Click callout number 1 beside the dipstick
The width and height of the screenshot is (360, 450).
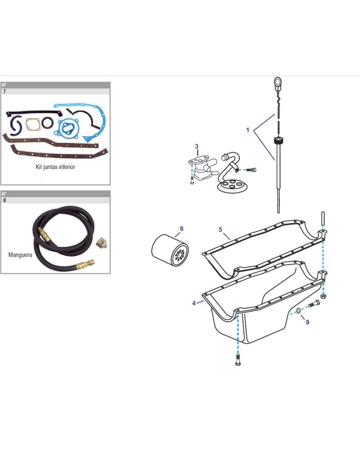tap(247, 130)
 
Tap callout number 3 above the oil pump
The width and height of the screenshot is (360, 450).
tap(196, 147)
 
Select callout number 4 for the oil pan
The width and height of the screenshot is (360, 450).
tap(194, 303)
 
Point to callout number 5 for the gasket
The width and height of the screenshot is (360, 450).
tap(221, 230)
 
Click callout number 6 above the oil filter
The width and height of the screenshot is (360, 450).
tap(181, 229)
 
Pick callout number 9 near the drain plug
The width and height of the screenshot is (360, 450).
tap(308, 322)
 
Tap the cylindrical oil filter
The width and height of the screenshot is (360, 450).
tap(170, 250)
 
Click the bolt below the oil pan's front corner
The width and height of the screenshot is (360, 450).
tap(238, 360)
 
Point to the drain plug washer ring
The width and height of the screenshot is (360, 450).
tap(299, 310)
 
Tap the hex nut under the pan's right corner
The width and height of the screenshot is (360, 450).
tap(323, 296)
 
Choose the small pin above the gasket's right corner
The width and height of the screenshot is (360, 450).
tap(323, 219)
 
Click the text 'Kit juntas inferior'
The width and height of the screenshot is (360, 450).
tap(55, 167)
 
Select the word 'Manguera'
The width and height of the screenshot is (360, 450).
tap(20, 255)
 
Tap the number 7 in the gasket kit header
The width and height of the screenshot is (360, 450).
tap(4, 92)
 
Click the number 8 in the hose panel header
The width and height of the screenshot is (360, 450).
tap(4, 200)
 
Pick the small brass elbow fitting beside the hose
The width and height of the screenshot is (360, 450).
tap(102, 243)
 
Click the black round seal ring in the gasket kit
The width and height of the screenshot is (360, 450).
tap(47, 123)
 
